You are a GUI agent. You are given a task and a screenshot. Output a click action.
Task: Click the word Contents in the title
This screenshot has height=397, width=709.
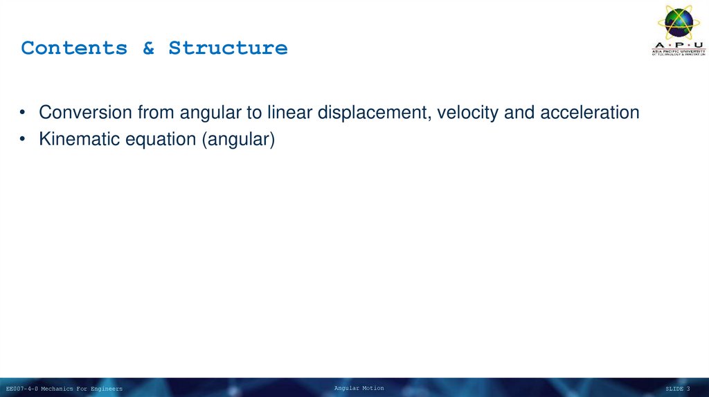pyautogui.click(x=74, y=48)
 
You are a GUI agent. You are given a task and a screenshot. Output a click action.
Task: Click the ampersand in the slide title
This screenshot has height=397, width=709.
pyautogui.click(x=148, y=48)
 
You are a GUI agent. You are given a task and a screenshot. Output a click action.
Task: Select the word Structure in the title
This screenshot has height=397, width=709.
pyautogui.click(x=228, y=48)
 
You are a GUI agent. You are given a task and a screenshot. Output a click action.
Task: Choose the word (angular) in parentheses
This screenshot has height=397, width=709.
pyautogui.click(x=239, y=140)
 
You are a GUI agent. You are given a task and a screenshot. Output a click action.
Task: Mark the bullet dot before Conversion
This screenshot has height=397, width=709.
pyautogui.click(x=24, y=113)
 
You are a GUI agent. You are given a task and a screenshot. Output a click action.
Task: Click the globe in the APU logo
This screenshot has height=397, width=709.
pyautogui.click(x=679, y=21)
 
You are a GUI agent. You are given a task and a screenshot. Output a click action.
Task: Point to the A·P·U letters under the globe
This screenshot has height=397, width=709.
pyautogui.click(x=679, y=45)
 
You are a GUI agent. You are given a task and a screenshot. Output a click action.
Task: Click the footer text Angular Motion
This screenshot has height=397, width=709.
pyautogui.click(x=359, y=388)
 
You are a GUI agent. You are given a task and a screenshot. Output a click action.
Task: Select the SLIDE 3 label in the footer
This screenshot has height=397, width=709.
pyautogui.click(x=678, y=389)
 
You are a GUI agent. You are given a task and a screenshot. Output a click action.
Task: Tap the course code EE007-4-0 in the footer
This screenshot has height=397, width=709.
pyautogui.click(x=21, y=389)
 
